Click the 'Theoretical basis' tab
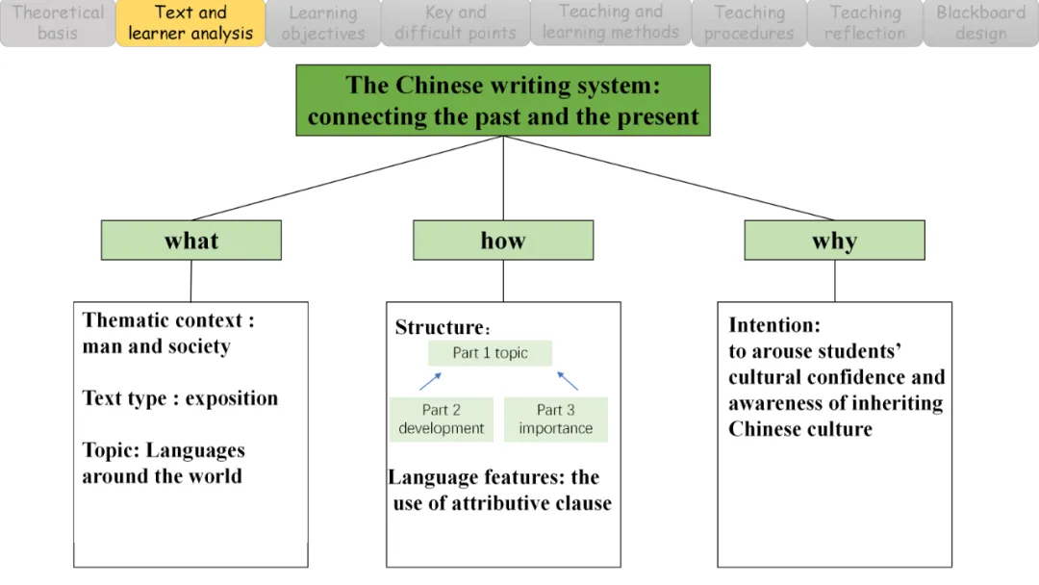point(57,23)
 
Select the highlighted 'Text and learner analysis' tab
point(190,23)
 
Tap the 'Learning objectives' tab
point(322,23)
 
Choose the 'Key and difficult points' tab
point(455,23)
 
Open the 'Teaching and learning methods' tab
point(611,23)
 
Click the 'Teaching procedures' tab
point(749,23)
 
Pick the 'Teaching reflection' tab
point(864,23)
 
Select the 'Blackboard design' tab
point(980,23)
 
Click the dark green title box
point(502,100)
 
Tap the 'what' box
point(191,241)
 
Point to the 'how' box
point(503,241)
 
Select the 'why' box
point(834,241)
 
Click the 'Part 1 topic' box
point(491,353)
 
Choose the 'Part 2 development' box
point(442,420)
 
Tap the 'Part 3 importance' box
point(556,420)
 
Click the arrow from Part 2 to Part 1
point(431,382)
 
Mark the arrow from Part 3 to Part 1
point(568,381)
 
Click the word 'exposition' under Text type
point(232,398)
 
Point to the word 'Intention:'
point(774,325)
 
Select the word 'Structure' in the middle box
point(437,327)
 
